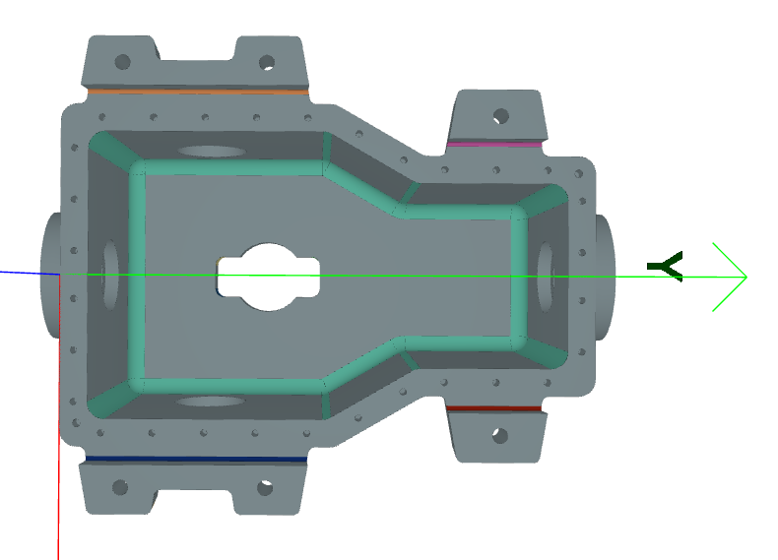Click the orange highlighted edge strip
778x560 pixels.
pyautogui.click(x=197, y=91)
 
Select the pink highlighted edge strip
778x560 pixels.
pyautogui.click(x=494, y=145)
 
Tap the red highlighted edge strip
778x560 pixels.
pyautogui.click(x=494, y=407)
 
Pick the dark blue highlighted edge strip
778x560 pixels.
pyautogui.click(x=195, y=459)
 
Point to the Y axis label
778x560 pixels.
pyautogui.click(x=666, y=266)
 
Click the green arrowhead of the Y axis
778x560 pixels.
pyautogui.click(x=733, y=277)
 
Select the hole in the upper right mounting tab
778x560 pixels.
pyautogui.click(x=501, y=116)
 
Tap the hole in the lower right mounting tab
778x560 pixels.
pyautogui.click(x=500, y=435)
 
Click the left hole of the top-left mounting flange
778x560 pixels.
pyautogui.click(x=122, y=61)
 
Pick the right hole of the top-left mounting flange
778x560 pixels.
pyautogui.click(x=266, y=62)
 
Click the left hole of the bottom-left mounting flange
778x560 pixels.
pyautogui.click(x=120, y=487)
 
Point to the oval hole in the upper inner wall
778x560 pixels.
pyautogui.click(x=213, y=152)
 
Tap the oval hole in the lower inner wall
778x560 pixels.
pyautogui.click(x=211, y=402)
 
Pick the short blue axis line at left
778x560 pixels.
pyautogui.click(x=25, y=273)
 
